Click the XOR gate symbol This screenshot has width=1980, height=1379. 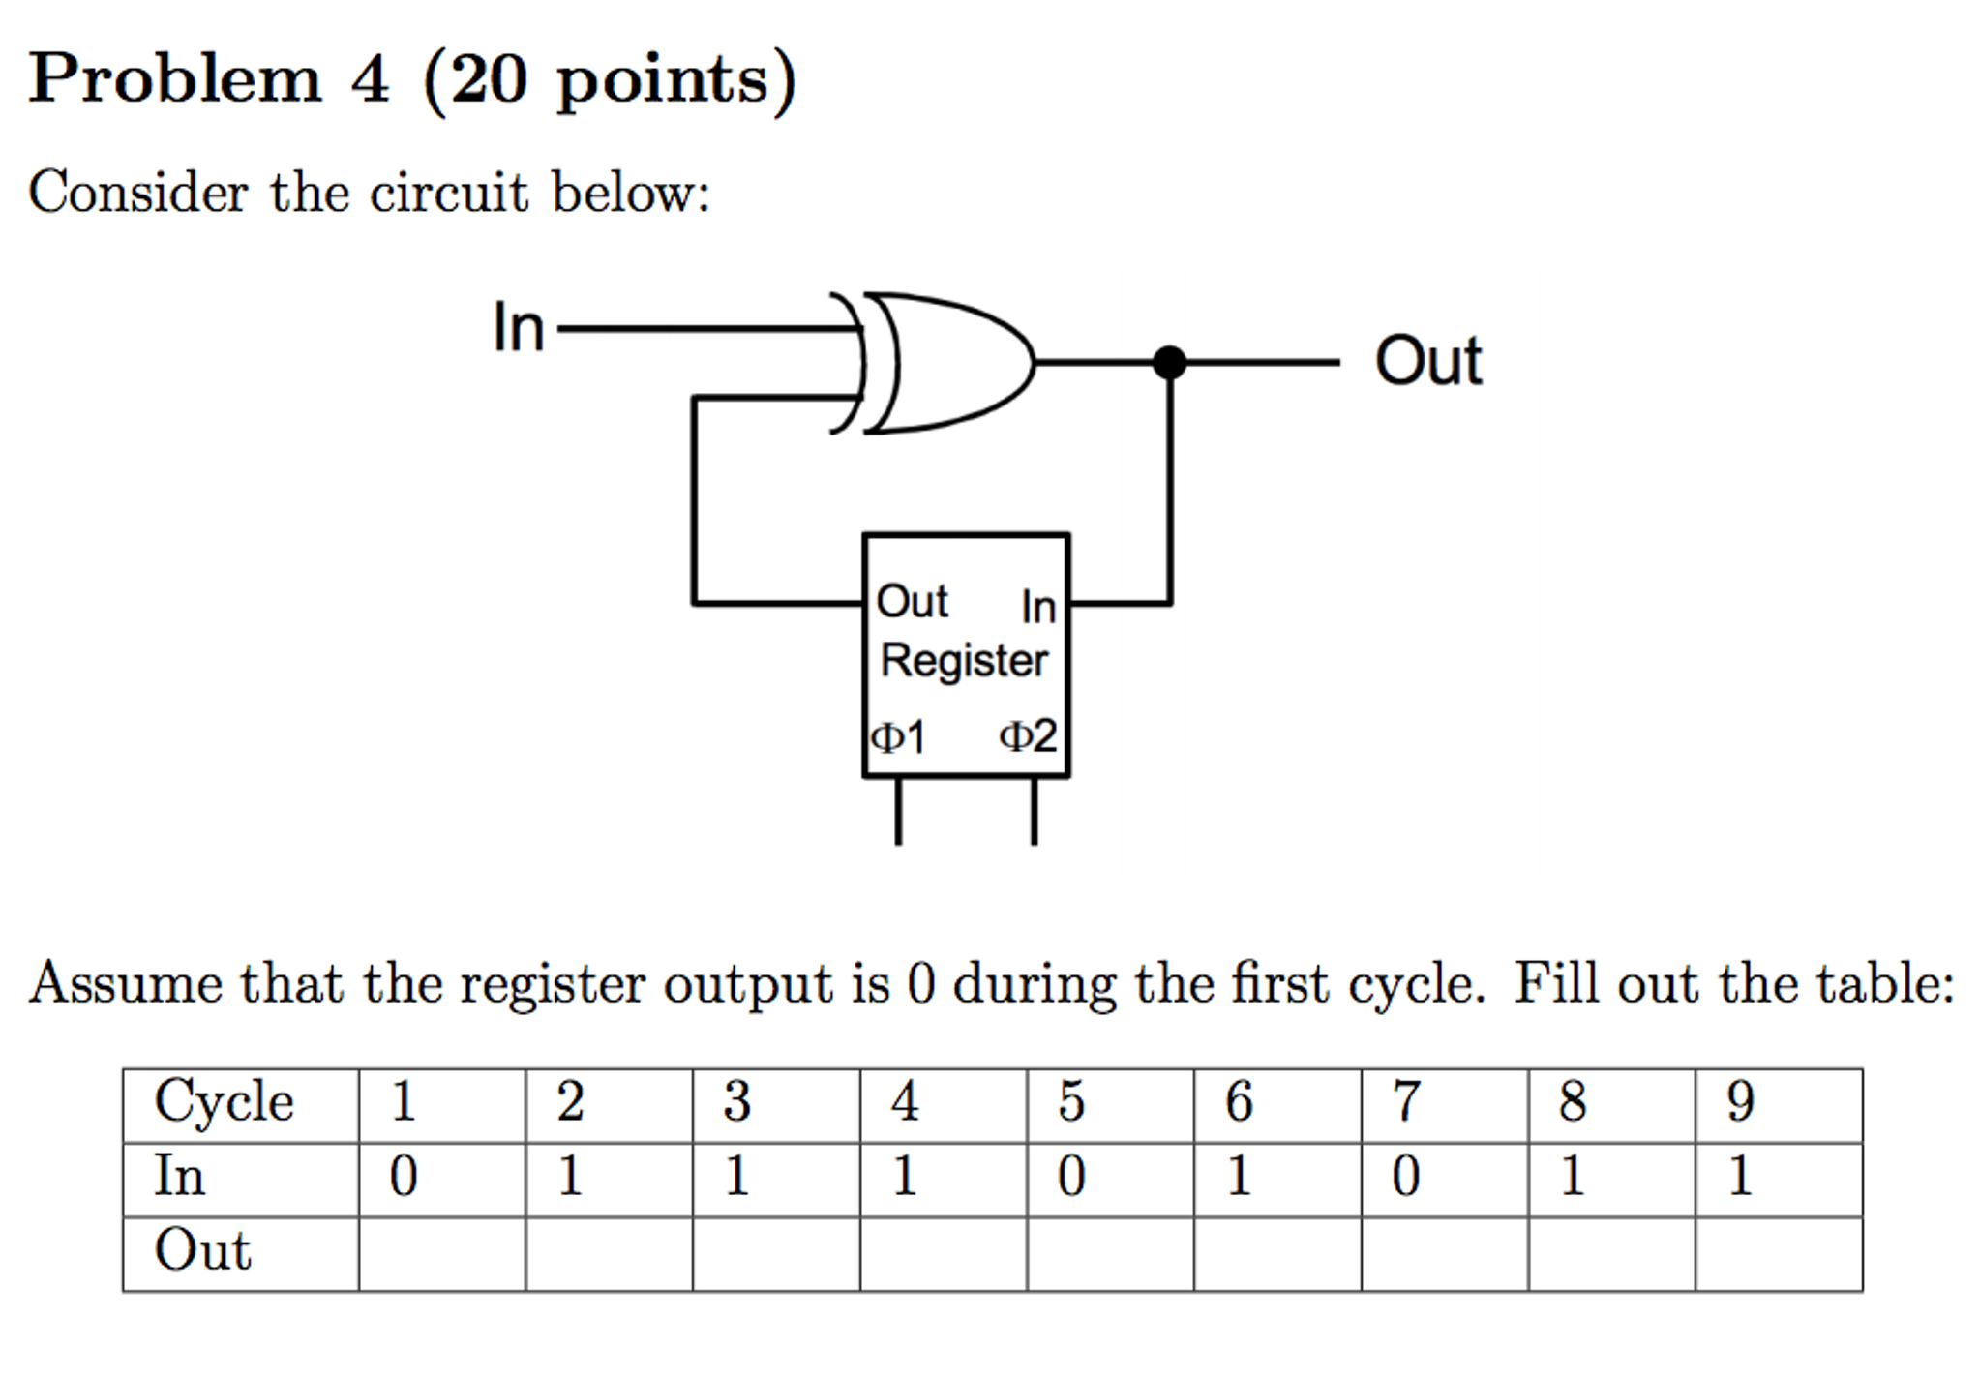(944, 363)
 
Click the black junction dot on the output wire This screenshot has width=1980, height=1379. (1169, 363)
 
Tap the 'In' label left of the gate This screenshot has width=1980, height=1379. (519, 328)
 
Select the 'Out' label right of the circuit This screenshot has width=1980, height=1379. (1427, 362)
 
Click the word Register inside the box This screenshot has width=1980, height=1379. (964, 661)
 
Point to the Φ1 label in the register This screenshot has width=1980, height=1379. (898, 737)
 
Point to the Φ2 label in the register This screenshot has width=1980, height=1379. (1028, 736)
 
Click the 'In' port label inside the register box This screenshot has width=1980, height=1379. (1037, 607)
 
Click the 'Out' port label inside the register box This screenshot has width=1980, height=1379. (911, 602)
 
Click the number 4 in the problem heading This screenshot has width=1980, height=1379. (370, 79)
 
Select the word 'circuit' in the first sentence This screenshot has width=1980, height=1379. (449, 193)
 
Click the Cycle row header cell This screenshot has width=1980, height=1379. (240, 1103)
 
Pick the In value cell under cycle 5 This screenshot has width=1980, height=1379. (1109, 1178)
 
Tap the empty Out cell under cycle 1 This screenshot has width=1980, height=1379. (441, 1253)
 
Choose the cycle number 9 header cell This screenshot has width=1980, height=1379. (1778, 1103)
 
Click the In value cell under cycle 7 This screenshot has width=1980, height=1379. (1444, 1178)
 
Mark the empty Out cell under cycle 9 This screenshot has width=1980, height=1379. (1778, 1253)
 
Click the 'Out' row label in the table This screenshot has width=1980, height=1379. (203, 1251)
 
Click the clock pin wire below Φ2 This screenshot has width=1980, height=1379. (1034, 811)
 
